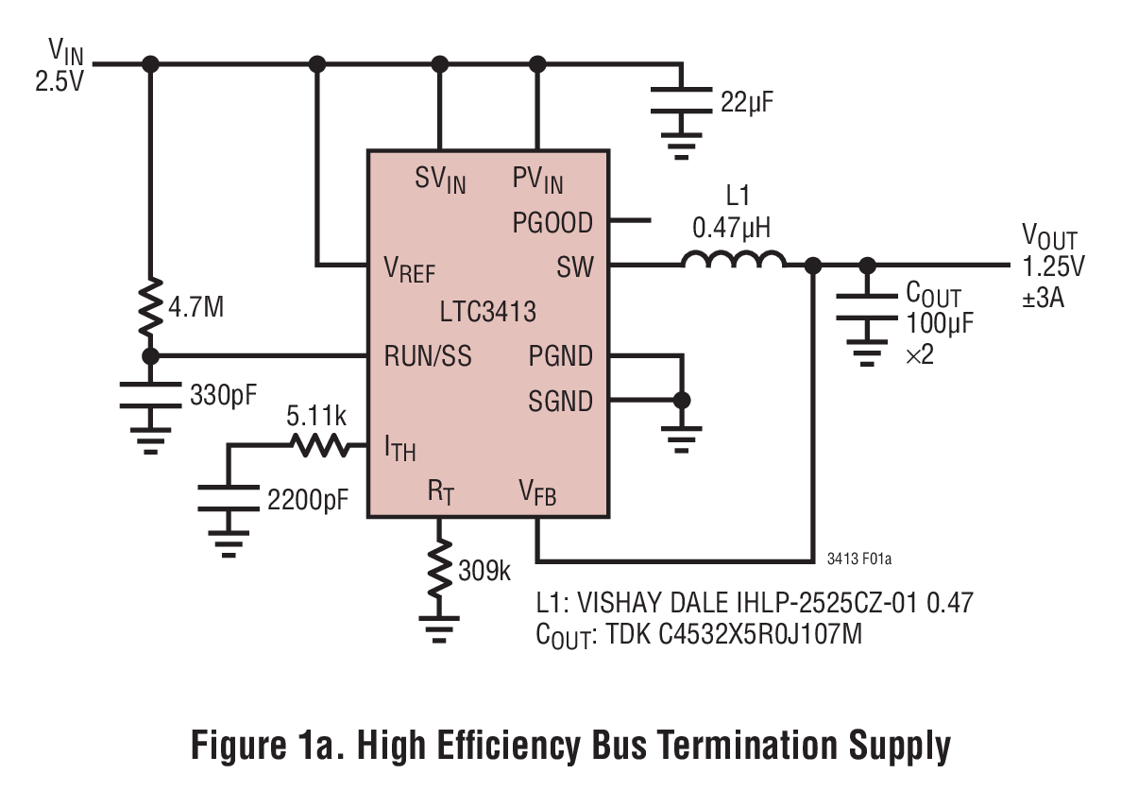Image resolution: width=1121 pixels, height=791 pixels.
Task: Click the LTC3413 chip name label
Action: point(488,311)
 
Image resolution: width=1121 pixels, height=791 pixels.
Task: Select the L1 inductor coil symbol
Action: point(733,261)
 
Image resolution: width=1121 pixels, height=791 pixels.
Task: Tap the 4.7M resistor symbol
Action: point(149,308)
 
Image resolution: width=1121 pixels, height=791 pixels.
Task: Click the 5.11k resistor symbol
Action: point(319,446)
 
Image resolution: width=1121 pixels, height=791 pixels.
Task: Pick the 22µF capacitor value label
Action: point(747,101)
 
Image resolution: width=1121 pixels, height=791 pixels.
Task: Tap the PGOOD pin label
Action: point(552,223)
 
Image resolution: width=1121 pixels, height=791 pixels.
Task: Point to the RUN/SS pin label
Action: point(427,356)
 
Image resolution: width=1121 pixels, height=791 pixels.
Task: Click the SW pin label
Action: point(575,267)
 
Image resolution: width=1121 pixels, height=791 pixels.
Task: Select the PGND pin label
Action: point(560,356)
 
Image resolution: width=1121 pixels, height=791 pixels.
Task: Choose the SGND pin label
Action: point(560,402)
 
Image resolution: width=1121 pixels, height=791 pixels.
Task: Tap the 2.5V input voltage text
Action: point(59,80)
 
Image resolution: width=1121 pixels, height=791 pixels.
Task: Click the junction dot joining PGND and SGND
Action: point(679,401)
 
